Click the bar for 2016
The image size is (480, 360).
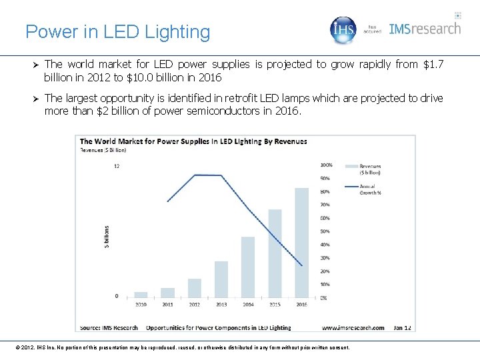click(301, 243)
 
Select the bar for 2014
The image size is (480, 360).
click(247, 267)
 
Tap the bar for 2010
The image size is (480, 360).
click(141, 294)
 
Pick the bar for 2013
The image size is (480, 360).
click(221, 279)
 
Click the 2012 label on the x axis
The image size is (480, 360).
click(195, 305)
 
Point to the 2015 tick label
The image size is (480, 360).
click(275, 305)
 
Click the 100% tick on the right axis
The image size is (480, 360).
click(326, 165)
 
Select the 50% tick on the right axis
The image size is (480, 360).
click(325, 231)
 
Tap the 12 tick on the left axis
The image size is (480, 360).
click(117, 166)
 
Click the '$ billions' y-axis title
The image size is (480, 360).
click(107, 236)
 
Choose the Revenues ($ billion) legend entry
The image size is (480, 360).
click(371, 170)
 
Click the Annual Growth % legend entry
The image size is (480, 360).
click(369, 189)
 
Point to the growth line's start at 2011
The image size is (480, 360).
click(167, 201)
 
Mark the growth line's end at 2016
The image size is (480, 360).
click(302, 266)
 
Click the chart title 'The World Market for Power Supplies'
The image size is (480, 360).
click(193, 141)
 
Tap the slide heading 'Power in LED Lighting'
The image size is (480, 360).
click(117, 31)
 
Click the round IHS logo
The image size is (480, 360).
click(344, 30)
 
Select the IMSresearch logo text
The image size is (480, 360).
click(425, 29)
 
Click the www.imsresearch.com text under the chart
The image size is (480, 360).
click(353, 327)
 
